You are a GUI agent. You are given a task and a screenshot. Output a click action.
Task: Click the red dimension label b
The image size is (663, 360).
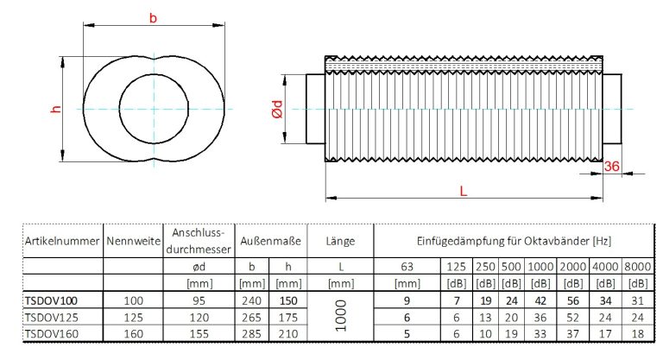point(154,18)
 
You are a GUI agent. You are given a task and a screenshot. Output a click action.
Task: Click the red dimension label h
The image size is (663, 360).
point(54,109)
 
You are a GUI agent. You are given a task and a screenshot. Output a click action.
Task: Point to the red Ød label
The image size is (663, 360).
point(277,110)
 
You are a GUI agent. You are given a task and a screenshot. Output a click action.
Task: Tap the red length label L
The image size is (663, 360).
point(464,192)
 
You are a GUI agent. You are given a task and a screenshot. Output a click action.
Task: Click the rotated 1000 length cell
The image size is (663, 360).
point(342,317)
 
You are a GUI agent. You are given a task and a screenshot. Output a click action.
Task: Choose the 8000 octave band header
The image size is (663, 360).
point(638,267)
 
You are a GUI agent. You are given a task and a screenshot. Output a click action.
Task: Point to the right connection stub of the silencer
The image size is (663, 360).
point(611,109)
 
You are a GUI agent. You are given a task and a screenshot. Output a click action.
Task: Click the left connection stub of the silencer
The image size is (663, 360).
point(314,109)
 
